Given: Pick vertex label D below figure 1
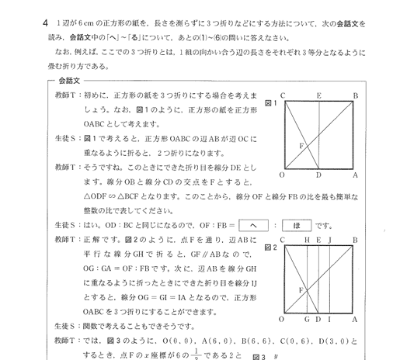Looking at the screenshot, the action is (319, 176).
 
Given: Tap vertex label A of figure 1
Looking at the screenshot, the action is (355, 176).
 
